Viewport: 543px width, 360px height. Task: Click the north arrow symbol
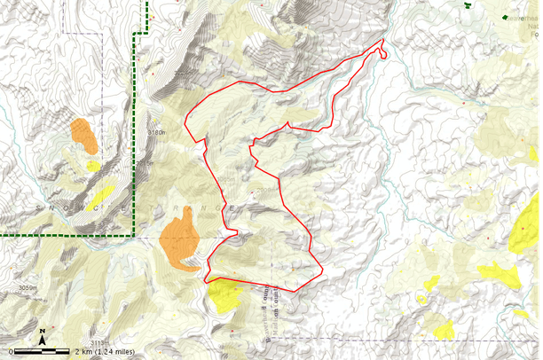coord(43,336)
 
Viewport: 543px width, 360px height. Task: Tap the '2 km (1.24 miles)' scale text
coord(106,351)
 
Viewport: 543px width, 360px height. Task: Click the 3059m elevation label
coord(30,287)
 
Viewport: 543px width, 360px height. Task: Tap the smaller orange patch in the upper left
coord(84,135)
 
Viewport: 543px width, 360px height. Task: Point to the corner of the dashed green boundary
coord(136,35)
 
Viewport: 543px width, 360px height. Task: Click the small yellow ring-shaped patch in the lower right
coord(429,284)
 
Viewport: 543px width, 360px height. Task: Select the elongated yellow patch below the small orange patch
coord(104,191)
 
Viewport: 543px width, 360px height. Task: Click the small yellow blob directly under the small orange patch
coord(93,165)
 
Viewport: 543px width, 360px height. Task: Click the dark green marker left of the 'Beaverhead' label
coord(505,17)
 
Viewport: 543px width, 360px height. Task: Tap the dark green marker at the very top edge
coord(468,4)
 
